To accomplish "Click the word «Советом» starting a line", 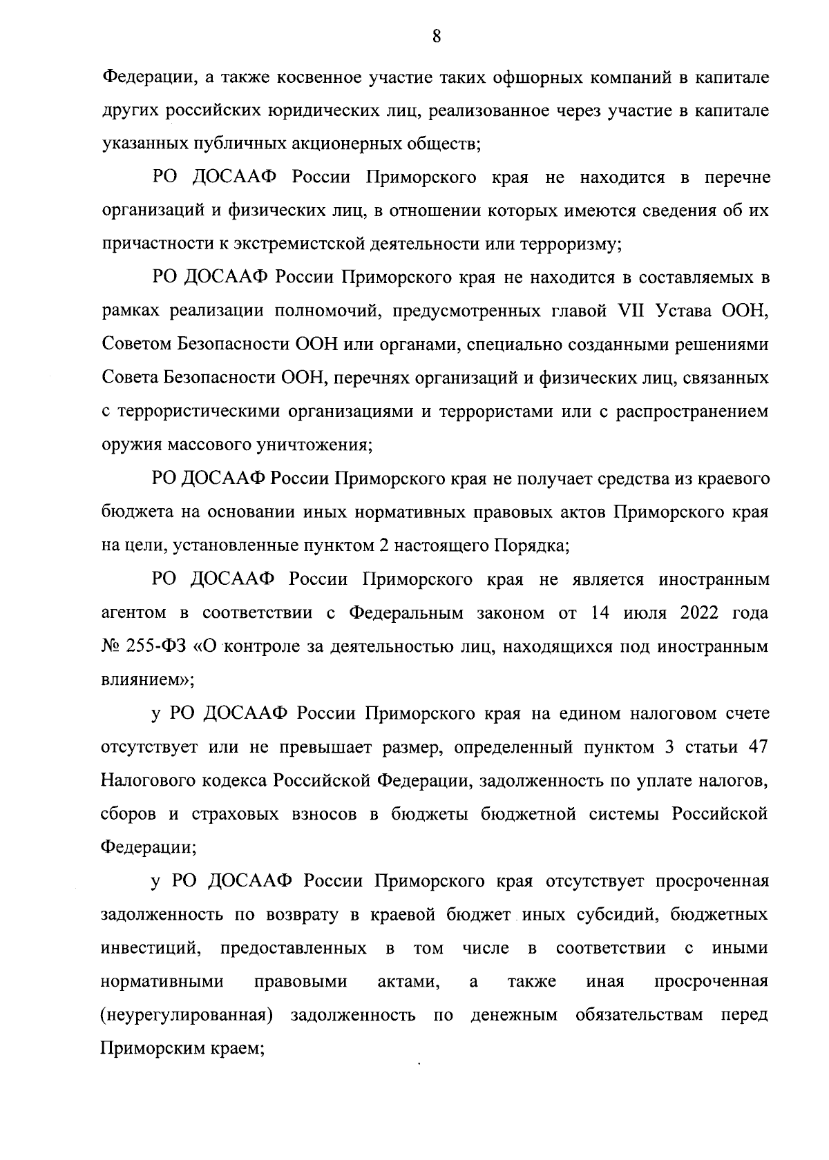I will [x=135, y=345].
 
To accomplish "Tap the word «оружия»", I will [x=128, y=445].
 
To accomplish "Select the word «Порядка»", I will [x=531, y=545].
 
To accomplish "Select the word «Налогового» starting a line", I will [x=148, y=780].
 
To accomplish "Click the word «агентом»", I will [x=134, y=612].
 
